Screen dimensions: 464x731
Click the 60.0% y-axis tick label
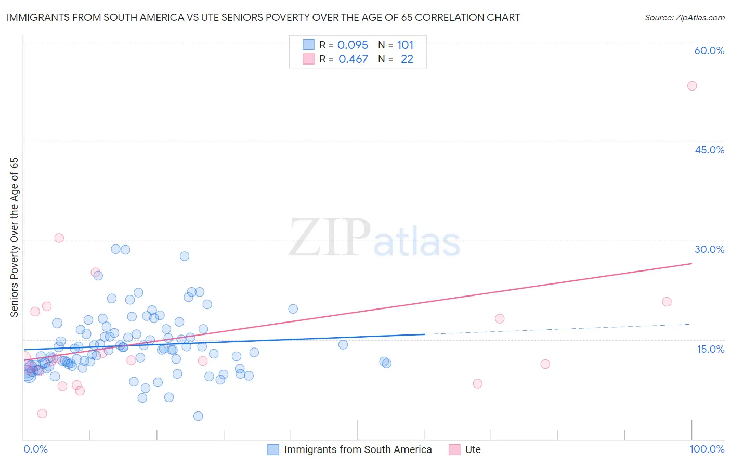(709, 50)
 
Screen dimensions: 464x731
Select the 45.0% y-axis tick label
(709, 150)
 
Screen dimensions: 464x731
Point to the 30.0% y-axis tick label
(709, 249)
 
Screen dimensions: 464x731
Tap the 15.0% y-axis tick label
(710, 349)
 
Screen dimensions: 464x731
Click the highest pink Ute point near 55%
(691, 86)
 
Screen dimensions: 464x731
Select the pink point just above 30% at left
(59, 238)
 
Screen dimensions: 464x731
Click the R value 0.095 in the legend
(353, 45)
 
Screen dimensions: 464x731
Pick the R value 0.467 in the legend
(353, 59)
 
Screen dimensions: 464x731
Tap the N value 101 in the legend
(406, 45)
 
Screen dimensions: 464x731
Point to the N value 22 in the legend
(407, 59)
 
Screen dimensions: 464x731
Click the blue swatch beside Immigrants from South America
(273, 449)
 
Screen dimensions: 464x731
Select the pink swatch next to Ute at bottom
(454, 449)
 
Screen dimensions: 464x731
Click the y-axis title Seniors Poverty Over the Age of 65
(14, 237)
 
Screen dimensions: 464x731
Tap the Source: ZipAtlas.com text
(684, 18)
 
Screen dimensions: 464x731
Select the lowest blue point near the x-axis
(198, 416)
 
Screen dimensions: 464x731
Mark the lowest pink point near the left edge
(42, 414)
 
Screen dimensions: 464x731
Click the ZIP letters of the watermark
(330, 238)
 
